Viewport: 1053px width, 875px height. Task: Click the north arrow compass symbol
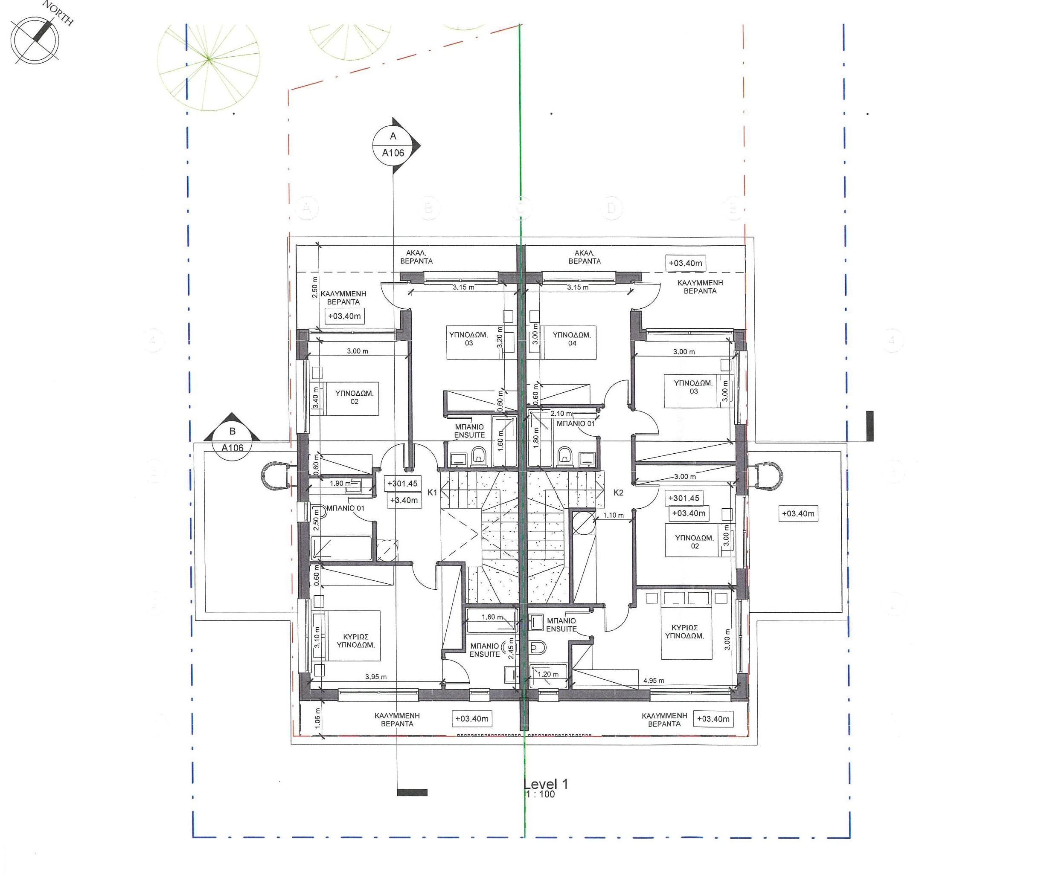coord(35,40)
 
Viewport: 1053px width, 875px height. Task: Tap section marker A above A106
coord(393,136)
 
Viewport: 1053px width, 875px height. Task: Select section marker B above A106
coord(232,432)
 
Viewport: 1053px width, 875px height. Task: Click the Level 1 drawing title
coord(546,784)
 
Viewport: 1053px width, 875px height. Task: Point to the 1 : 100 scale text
coord(540,795)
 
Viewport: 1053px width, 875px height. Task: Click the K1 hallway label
coord(432,493)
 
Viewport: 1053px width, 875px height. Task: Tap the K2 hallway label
coord(618,493)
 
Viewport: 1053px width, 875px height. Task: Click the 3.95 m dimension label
coord(375,677)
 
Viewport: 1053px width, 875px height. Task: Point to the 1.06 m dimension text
coord(317,719)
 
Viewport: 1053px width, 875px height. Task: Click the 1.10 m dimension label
coord(613,515)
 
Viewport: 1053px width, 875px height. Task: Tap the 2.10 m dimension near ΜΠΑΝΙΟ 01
coord(561,414)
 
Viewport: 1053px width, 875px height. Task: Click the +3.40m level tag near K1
coord(404,500)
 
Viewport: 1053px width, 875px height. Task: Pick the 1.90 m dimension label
coord(340,484)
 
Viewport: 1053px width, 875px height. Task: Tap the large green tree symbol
coord(209,59)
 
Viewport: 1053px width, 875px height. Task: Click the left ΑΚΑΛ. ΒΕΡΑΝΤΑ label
coord(416,257)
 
